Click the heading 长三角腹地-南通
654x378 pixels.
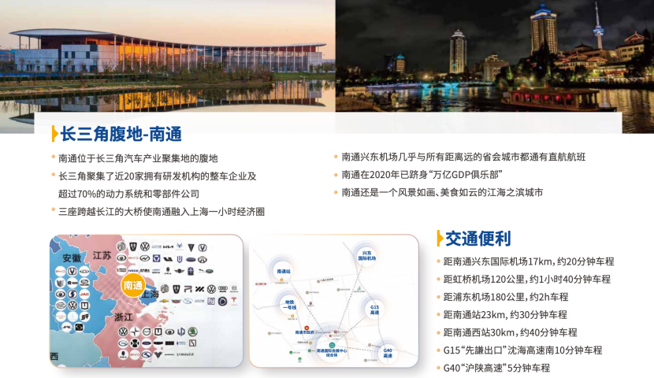pos(121,133)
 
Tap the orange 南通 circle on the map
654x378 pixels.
pos(133,285)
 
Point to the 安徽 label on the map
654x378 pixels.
pos(72,258)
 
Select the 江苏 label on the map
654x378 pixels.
pos(102,254)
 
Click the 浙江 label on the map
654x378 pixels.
pos(123,316)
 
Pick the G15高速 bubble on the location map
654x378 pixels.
pos(374,309)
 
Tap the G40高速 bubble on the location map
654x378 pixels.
pos(388,353)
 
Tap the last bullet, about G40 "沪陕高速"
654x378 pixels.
pos(496,368)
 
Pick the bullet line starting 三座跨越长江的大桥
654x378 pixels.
pos(161,211)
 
